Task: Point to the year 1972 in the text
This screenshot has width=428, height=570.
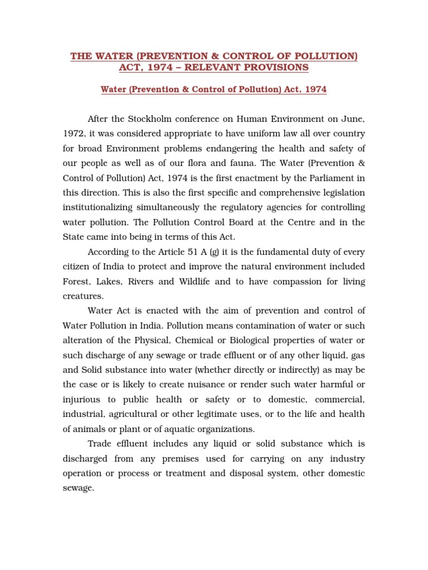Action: pyautogui.click(x=73, y=134)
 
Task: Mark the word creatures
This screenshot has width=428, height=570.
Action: pyautogui.click(x=82, y=296)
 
